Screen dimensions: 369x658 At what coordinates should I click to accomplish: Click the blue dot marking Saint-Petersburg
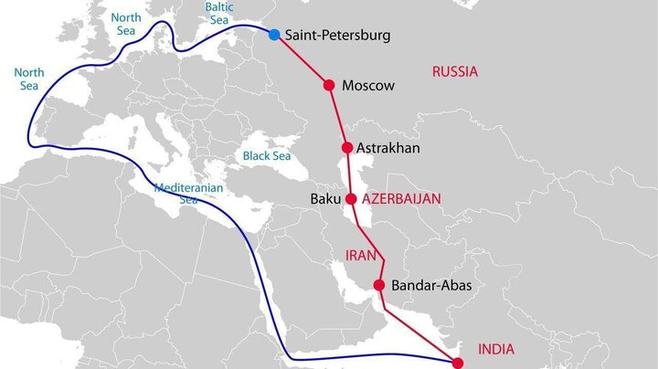pos(274,35)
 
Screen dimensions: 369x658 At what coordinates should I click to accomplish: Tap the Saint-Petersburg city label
pos(337,36)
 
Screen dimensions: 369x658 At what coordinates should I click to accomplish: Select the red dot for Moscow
pos(330,85)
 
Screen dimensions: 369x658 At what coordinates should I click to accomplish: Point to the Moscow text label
pos(367,86)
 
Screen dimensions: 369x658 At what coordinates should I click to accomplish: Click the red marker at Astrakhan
pos(347,147)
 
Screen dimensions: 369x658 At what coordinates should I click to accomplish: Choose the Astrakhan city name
pos(387,148)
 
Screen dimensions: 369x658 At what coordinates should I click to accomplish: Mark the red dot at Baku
pos(351,198)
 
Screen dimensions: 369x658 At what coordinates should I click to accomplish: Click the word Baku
pos(325,198)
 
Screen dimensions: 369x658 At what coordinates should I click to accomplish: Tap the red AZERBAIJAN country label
pos(401,198)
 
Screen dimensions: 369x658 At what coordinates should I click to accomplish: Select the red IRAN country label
pos(360,256)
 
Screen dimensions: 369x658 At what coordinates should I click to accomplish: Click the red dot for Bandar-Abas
pos(380,285)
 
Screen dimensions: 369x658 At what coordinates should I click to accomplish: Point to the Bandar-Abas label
pos(431,286)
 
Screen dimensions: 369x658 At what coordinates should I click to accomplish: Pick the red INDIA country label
pos(496,349)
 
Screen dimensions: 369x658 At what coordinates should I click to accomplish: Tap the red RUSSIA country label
pos(455,71)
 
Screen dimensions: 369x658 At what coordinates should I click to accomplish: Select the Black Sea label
pos(266,156)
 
